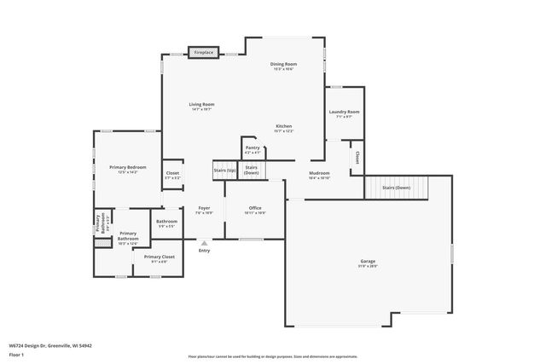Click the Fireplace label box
pos(203,53)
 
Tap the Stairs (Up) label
pos(225,170)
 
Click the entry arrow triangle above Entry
pos(204,242)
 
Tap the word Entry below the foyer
pos(204,251)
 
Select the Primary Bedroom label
pos(128,169)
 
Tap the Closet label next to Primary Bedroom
pos(172,175)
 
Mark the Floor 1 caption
pos(17,354)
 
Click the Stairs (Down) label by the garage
pos(396,187)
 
